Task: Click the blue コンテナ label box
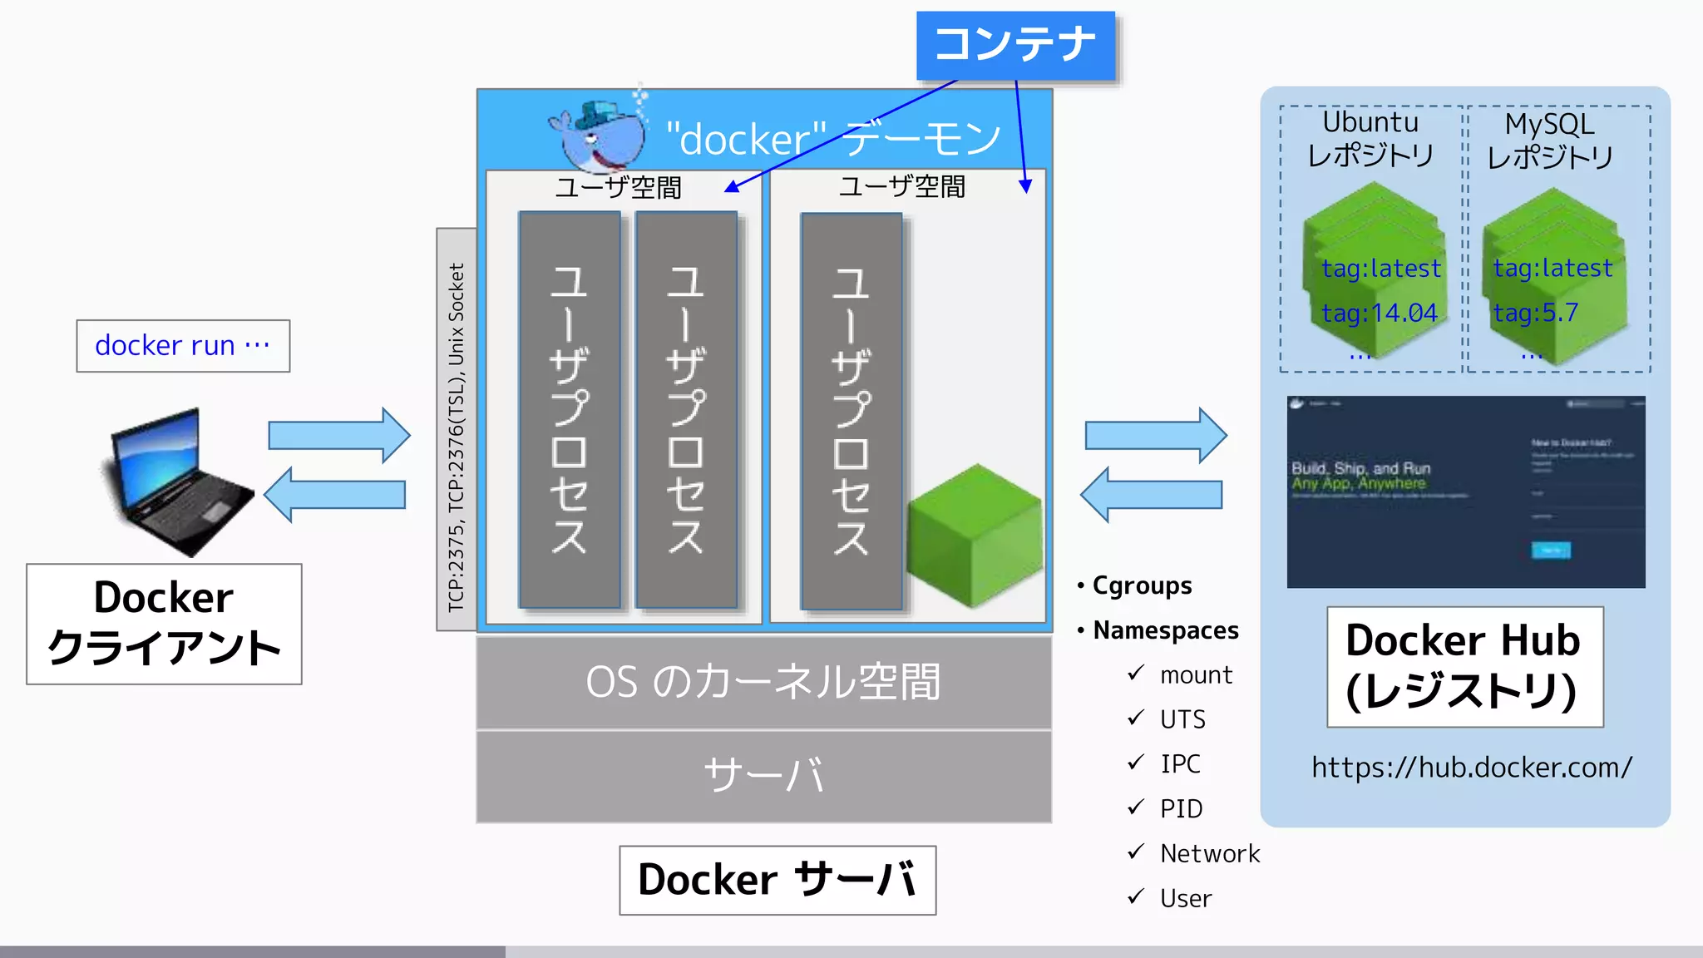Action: (1015, 45)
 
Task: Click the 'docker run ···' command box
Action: (183, 345)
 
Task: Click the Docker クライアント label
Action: (164, 624)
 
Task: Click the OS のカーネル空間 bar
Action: (763, 683)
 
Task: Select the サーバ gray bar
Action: (763, 776)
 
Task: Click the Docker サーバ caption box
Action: (777, 880)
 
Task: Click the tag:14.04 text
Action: (1380, 314)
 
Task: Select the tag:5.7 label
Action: (1535, 314)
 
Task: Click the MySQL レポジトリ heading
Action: (1550, 141)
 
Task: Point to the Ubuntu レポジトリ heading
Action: (1370, 139)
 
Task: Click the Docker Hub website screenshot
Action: (1465, 492)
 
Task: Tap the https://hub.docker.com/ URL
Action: (1472, 767)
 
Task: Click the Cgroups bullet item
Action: (1141, 585)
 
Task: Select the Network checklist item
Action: (1209, 853)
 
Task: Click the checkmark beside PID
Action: (1136, 807)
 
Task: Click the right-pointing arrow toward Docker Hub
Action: (1155, 435)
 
